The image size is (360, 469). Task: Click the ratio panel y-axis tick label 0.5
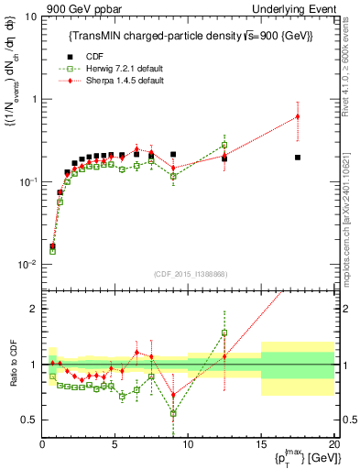tap(30, 420)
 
